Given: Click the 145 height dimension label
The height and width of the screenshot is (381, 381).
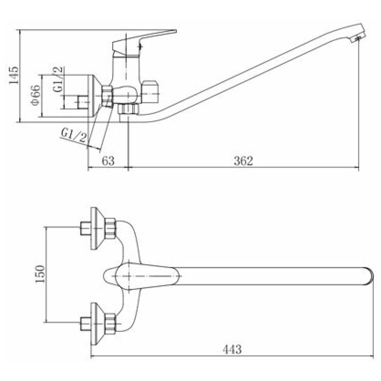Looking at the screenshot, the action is click(x=14, y=76).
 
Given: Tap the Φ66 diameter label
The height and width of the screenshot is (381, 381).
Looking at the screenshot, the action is click(x=36, y=95).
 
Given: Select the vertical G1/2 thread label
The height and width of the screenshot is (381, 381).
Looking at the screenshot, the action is click(x=58, y=79).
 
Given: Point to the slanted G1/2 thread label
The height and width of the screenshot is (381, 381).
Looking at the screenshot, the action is click(x=74, y=135).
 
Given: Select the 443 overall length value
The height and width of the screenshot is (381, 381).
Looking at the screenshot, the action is click(x=232, y=349).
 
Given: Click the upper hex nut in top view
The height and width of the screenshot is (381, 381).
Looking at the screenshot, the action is click(x=110, y=228).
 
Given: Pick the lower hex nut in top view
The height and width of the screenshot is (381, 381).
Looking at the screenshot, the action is click(x=110, y=324).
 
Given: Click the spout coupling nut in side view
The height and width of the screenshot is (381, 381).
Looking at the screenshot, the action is click(x=128, y=109).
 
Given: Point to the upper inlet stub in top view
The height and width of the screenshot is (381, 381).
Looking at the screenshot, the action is click(x=85, y=228).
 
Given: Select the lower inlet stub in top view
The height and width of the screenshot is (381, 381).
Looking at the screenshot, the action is click(x=85, y=324).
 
